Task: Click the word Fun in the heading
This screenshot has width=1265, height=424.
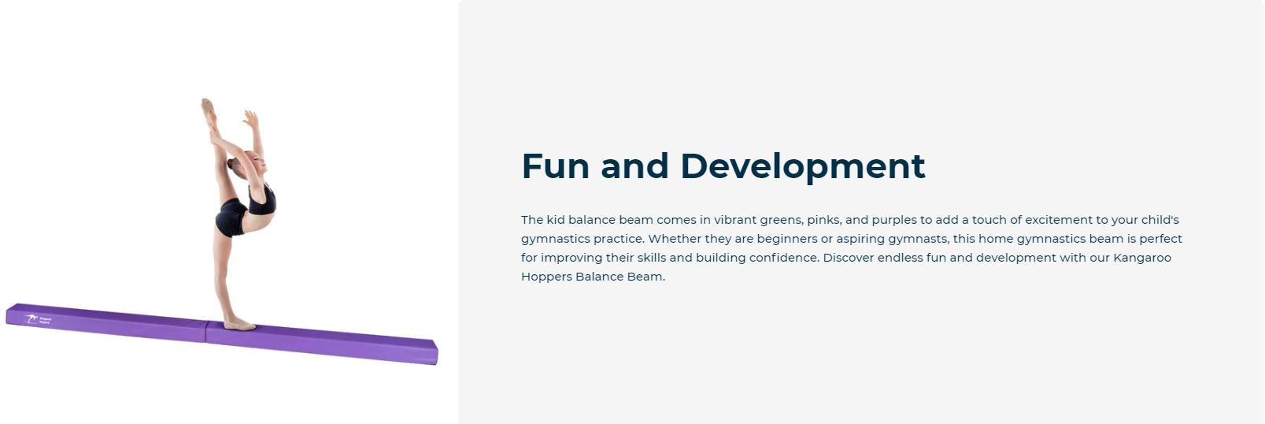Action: point(555,166)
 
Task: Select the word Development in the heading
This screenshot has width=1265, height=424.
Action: point(802,167)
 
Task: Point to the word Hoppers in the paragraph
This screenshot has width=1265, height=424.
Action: point(546,277)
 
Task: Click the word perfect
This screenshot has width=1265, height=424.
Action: point(1160,239)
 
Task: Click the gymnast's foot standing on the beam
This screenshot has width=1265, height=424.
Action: point(239,325)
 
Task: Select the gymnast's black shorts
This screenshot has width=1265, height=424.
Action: point(231,218)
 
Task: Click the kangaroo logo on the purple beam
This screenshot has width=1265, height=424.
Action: point(31,318)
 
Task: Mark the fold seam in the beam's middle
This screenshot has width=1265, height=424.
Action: point(206,332)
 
